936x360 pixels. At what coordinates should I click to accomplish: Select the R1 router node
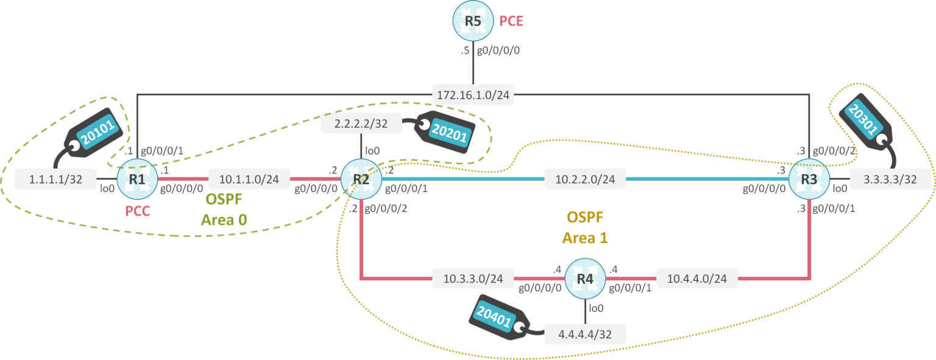coord(138,180)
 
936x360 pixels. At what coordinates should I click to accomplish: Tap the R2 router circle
coord(361,180)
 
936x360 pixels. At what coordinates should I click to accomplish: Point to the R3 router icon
coord(809,180)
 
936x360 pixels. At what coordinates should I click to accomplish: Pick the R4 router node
coord(585,279)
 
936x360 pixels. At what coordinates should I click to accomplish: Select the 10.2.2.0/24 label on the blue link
coord(585,179)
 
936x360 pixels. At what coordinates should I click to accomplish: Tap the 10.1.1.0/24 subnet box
coord(250,179)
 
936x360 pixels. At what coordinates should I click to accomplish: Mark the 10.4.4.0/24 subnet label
coord(697,279)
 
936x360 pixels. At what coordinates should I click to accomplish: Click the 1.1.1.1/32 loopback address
coord(55,179)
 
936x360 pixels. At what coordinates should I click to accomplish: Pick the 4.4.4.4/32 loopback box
coord(585,334)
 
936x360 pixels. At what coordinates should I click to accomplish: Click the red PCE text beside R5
coord(511,21)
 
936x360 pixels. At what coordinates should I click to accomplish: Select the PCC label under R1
coord(137,213)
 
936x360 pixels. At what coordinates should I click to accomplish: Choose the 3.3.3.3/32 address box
coord(892,179)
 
